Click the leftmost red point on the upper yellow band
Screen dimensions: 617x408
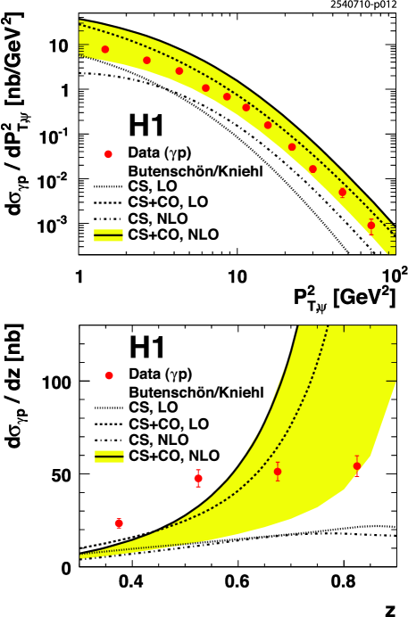click(105, 49)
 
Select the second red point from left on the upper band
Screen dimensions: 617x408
click(146, 61)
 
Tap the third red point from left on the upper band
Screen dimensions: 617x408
click(179, 70)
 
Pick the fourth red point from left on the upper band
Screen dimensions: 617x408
click(205, 87)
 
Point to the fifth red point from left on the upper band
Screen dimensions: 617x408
click(227, 96)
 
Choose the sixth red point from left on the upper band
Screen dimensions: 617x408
click(246, 107)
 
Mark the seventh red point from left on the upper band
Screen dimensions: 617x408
click(268, 125)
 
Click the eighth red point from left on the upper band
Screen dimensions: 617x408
click(292, 147)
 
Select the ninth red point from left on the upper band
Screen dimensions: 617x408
click(312, 169)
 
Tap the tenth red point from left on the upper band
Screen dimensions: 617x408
click(342, 192)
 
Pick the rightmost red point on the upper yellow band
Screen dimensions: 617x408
click(371, 226)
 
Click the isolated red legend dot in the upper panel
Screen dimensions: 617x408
click(108, 154)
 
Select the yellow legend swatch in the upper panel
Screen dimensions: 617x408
click(108, 235)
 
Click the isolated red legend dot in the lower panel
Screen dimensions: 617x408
click(109, 375)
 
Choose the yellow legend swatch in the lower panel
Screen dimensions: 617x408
click(109, 456)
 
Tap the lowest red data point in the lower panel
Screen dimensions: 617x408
click(119, 523)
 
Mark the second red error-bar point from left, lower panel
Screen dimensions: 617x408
click(198, 478)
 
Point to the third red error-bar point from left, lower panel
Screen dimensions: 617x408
click(278, 472)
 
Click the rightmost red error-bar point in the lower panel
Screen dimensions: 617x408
click(357, 465)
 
